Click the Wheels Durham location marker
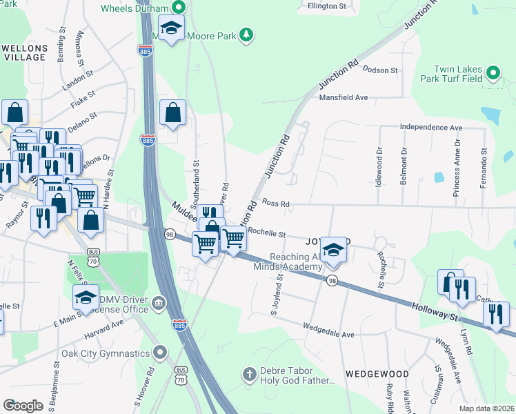click(x=179, y=8)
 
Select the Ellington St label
click(x=326, y=6)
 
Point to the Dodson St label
click(x=381, y=70)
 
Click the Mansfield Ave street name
click(x=343, y=98)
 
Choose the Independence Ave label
click(x=431, y=128)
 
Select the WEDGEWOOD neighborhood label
click(x=377, y=374)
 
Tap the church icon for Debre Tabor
click(x=250, y=375)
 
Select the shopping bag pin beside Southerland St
click(x=172, y=112)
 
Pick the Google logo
click(x=23, y=406)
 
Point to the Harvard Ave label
click(x=104, y=322)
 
